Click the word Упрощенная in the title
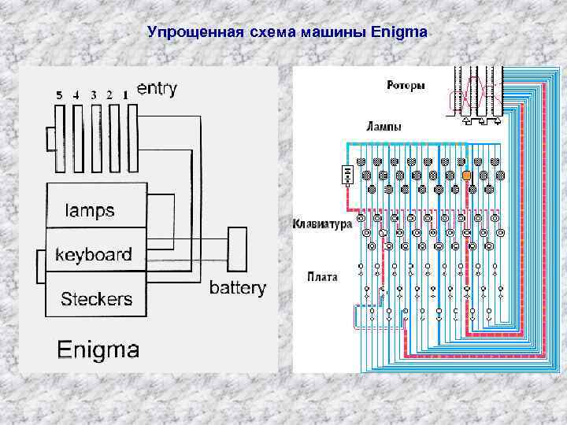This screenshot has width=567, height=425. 187,33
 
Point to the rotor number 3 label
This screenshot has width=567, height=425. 94,95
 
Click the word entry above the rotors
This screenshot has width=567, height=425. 157,89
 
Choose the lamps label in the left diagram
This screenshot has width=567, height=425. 89,210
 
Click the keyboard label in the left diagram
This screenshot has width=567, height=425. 93,255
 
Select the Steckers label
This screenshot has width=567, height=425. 97,299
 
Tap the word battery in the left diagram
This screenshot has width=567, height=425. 237,288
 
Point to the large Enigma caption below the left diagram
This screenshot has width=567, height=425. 99,349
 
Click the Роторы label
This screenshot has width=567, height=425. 406,85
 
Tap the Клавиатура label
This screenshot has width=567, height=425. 321,224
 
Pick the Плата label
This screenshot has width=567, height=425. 324,276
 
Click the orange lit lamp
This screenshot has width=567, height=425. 466,175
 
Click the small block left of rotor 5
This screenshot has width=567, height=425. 51,139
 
